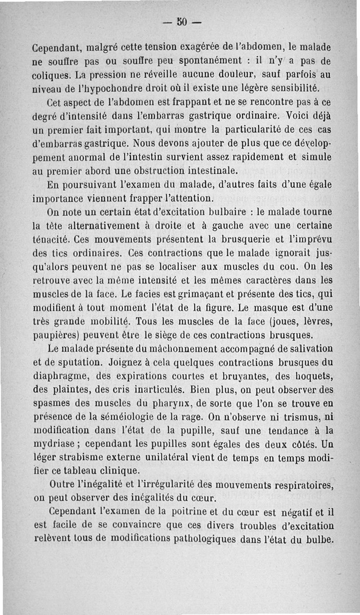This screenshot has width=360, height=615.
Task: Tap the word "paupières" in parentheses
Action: pyautogui.click(x=56, y=335)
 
